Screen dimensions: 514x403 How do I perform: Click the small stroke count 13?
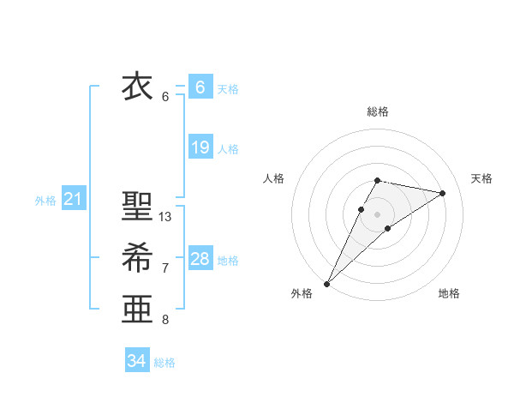pyautogui.click(x=165, y=217)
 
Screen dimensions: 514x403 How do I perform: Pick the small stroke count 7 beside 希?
pyautogui.click(x=165, y=268)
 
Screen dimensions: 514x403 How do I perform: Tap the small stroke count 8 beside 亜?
pyautogui.click(x=165, y=320)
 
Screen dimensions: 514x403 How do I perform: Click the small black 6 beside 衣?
pyautogui.click(x=165, y=97)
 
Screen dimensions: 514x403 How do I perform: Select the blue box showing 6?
pyautogui.click(x=200, y=87)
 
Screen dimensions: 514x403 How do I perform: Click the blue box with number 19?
pyautogui.click(x=200, y=147)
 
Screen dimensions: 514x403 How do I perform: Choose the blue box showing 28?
pyautogui.click(x=200, y=259)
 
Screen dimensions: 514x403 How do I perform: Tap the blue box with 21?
pyautogui.click(x=73, y=200)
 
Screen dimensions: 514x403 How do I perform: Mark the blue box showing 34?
pyautogui.click(x=136, y=361)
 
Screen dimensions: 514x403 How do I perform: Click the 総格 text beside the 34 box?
pyautogui.click(x=164, y=363)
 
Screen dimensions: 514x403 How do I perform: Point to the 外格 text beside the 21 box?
pyautogui.click(x=45, y=201)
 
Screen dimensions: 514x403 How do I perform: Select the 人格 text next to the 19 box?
pyautogui.click(x=228, y=149)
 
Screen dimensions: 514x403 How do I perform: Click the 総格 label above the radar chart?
pyautogui.click(x=378, y=111)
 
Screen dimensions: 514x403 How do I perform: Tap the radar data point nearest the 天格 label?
pyautogui.click(x=442, y=193)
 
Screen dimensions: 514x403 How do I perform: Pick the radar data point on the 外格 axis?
pyautogui.click(x=326, y=283)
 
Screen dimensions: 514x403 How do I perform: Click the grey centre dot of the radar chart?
pyautogui.click(x=378, y=214)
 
